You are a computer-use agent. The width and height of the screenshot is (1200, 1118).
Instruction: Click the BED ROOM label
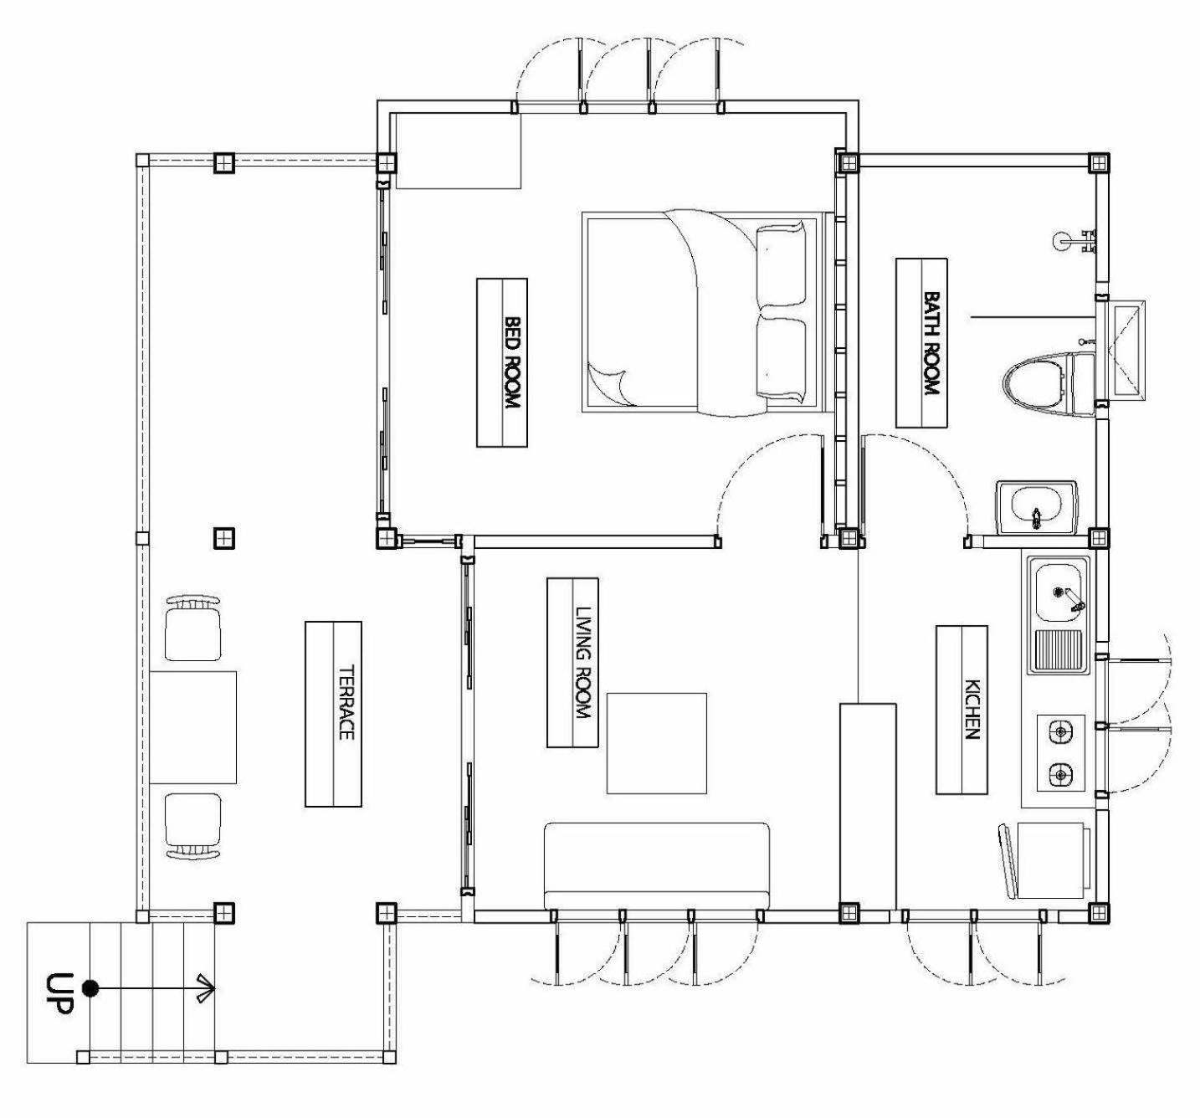(512, 362)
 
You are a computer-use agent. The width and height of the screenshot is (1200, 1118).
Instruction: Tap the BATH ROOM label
(931, 343)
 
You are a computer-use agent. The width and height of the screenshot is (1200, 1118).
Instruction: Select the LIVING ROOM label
(582, 662)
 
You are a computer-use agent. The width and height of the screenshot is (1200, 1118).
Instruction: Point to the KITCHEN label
(972, 710)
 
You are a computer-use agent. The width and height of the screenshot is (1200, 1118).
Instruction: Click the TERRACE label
(345, 703)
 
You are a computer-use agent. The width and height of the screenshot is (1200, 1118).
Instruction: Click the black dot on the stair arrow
(90, 988)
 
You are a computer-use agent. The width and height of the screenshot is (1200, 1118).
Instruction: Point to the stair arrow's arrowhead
(208, 988)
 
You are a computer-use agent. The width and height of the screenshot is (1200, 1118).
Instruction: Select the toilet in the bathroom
(1049, 385)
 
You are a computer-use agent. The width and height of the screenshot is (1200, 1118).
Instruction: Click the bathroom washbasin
(1036, 508)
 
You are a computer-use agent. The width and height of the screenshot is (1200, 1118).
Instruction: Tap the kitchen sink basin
(1061, 592)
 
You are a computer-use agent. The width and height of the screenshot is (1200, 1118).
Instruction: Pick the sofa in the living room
(656, 865)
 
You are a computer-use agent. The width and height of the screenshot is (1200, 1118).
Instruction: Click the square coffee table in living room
(656, 743)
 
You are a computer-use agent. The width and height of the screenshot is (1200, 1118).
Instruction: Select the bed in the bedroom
(703, 312)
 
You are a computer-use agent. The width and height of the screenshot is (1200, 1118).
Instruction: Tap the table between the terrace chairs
(192, 727)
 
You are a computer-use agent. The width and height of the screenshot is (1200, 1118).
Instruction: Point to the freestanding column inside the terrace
(224, 537)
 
